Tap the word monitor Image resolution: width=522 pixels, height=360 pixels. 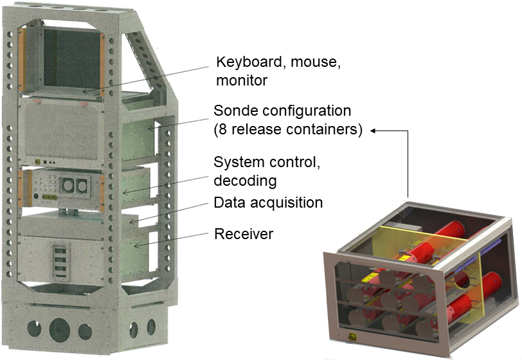coord(241,81)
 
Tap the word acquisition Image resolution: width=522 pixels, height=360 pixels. coord(286,203)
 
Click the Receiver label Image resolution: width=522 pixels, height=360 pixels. coord(244,234)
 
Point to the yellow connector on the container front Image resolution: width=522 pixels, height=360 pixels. coord(353,336)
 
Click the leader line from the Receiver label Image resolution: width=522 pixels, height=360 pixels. coord(174,239)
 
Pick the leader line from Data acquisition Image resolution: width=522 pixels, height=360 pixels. coord(174,213)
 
